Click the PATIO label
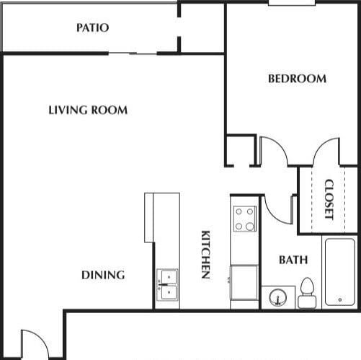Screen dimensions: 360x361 pos(93,28)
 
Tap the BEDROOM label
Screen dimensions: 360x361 pos(297,79)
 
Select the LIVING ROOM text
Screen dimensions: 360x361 pos(88,110)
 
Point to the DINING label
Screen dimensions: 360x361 pos(102,275)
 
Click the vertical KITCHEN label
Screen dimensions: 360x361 pos(205,255)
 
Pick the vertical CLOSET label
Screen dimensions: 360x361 pos(329,199)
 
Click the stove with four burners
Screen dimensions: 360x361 pos(245,219)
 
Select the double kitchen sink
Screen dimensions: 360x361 pos(167,285)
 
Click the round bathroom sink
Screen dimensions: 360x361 pos(277,297)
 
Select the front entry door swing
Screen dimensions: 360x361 pos(33,344)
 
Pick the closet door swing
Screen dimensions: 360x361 pos(326,151)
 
